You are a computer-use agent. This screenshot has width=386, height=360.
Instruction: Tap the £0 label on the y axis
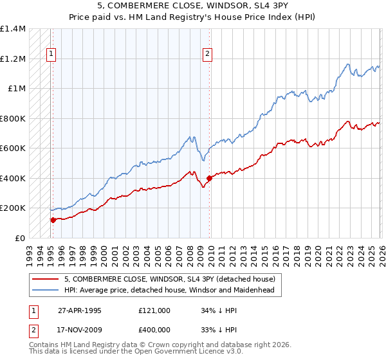(19, 238)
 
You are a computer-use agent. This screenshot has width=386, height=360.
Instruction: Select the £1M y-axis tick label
(17, 89)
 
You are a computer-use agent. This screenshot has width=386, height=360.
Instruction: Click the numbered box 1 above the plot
(51, 55)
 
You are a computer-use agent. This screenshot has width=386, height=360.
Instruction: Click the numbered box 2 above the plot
(208, 55)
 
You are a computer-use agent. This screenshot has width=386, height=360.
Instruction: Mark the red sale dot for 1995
(53, 220)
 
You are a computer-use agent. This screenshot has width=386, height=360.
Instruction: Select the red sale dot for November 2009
(209, 178)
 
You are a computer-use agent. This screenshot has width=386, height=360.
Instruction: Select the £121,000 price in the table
(154, 310)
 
